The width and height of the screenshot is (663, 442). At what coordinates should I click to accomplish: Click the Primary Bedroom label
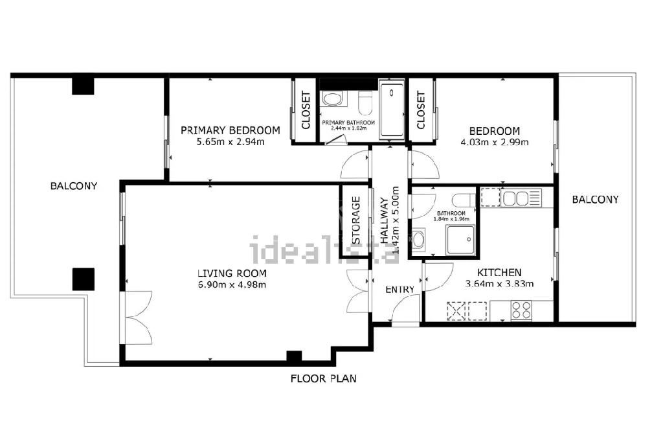click(x=230, y=130)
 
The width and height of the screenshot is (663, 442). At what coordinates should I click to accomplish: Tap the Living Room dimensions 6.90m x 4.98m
click(x=232, y=285)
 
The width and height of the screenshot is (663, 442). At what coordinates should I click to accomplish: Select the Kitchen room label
click(x=499, y=272)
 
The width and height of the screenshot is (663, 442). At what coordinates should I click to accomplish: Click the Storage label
click(x=356, y=220)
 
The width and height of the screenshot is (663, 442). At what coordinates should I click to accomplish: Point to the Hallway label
click(x=384, y=220)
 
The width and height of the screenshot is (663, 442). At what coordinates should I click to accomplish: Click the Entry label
click(x=399, y=290)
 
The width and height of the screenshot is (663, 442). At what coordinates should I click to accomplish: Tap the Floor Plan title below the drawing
click(x=324, y=378)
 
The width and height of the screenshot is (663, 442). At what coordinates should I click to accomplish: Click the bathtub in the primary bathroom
click(x=392, y=110)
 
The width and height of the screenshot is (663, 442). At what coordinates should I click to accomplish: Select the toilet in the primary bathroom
click(x=365, y=102)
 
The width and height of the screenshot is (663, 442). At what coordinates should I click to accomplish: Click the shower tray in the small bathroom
click(x=460, y=240)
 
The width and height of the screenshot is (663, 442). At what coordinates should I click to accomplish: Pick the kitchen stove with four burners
click(x=521, y=310)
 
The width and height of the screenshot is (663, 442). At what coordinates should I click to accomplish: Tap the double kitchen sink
click(x=516, y=198)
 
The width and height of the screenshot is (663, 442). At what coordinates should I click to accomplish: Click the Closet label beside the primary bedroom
click(x=306, y=110)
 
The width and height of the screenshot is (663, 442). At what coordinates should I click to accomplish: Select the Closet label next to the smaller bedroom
click(x=421, y=110)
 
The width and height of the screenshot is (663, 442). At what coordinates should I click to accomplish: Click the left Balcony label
click(x=74, y=186)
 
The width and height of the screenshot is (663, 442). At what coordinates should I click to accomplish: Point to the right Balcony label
click(x=595, y=200)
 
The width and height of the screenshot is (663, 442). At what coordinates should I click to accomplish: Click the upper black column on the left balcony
click(x=83, y=84)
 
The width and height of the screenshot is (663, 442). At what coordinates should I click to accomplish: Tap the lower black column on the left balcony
click(x=84, y=279)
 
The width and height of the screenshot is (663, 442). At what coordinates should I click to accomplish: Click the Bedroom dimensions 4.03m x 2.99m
click(x=494, y=142)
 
